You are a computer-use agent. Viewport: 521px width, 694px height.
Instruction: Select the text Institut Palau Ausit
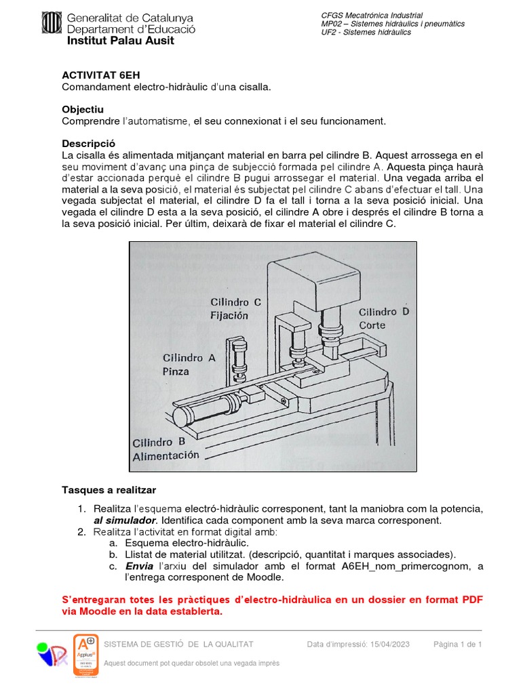[120, 41]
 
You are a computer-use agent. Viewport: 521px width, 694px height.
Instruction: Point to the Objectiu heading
[83, 109]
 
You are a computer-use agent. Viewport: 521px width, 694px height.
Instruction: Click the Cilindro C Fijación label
[235, 308]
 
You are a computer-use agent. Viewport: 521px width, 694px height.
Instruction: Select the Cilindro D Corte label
[384, 318]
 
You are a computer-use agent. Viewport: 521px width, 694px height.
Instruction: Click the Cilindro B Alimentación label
[166, 449]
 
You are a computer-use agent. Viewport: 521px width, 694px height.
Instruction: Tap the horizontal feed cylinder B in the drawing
[204, 410]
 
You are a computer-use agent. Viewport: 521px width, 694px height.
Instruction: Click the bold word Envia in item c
[140, 566]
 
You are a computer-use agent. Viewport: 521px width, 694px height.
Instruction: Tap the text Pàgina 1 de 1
[457, 644]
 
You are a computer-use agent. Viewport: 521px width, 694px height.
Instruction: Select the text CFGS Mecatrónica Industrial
[371, 15]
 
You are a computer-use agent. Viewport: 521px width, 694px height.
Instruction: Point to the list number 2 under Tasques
[81, 531]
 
